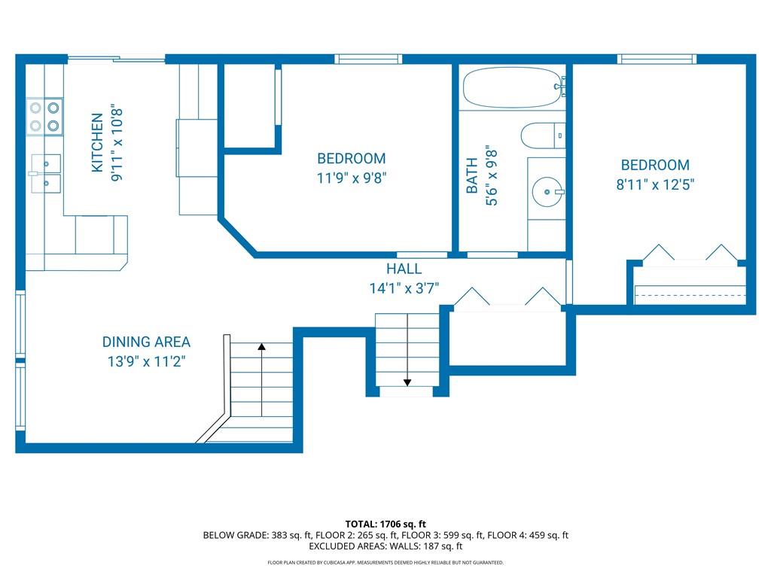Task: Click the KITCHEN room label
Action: pos(97,142)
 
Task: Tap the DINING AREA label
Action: pos(146,342)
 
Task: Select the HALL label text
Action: pos(404,269)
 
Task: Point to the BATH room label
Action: pos(471,175)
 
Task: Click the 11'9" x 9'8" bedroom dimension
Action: pos(352,178)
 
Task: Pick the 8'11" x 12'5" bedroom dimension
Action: pos(655,184)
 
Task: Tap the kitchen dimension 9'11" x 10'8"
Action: pos(117,142)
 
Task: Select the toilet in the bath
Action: pos(543,135)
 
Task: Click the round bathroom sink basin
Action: pos(547,192)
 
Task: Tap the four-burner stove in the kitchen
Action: pos(44,116)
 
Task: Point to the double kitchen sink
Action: pos(46,174)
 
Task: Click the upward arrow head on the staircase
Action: pos(261,346)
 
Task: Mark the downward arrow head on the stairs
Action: pos(407,382)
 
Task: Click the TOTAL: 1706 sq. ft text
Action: pos(385,524)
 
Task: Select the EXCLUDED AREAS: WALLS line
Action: pos(385,546)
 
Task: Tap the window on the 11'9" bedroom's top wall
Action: pos(368,59)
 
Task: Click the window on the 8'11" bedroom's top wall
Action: pos(657,59)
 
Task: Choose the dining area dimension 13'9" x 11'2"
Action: pos(146,361)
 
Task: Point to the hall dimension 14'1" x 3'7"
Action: pos(404,288)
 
